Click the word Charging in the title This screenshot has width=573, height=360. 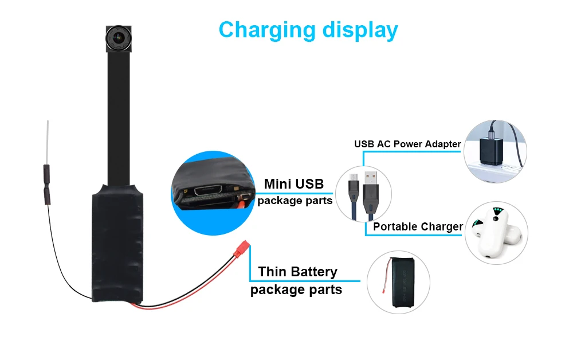click(x=265, y=30)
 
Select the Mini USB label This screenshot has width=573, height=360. click(x=293, y=184)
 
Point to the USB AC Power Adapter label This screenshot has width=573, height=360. click(x=407, y=144)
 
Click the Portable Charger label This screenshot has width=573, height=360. click(x=418, y=226)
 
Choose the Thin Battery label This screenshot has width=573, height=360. click(x=297, y=271)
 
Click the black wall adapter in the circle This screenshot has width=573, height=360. click(x=486, y=150)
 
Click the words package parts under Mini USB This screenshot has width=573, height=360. click(x=295, y=201)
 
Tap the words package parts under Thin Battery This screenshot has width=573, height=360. click(x=296, y=289)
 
